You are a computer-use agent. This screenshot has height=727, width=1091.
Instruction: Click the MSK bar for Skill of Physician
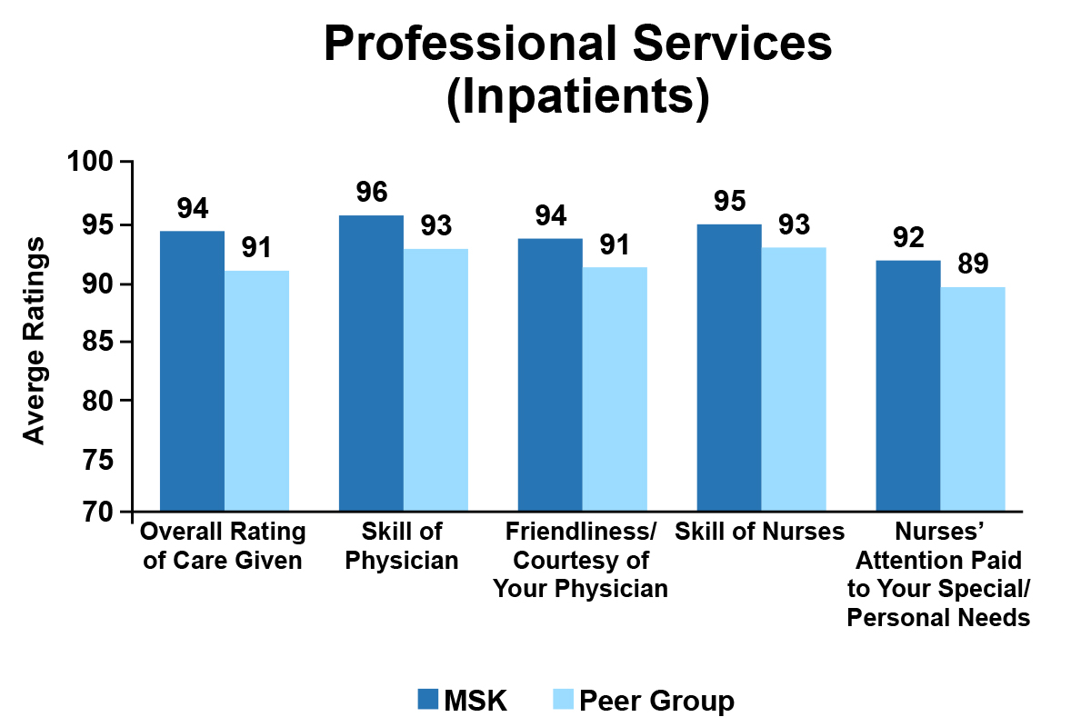[371, 363]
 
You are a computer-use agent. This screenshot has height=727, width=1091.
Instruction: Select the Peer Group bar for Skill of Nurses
[794, 380]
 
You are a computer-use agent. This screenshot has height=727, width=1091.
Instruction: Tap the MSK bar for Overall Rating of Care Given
[192, 372]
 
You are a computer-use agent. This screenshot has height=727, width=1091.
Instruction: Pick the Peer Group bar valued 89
[973, 400]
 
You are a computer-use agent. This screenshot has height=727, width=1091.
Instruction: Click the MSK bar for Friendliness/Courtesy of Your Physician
[550, 375]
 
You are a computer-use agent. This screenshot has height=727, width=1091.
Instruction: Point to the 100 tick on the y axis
[127, 163]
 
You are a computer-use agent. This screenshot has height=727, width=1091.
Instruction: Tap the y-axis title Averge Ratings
[34, 341]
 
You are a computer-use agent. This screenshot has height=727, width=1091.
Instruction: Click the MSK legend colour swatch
[428, 699]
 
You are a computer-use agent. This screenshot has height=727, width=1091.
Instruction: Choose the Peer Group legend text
[656, 701]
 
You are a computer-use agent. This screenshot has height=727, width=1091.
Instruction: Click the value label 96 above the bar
[371, 192]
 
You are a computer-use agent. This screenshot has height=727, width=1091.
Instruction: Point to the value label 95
[729, 201]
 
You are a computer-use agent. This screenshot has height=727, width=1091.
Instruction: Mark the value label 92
[907, 237]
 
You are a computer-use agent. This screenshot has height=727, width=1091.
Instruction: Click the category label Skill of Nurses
[759, 532]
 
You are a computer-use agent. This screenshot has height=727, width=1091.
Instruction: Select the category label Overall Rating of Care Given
[224, 545]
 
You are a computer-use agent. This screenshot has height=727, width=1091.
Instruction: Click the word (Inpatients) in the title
[577, 98]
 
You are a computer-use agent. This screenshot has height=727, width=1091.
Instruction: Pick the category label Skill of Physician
[403, 545]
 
